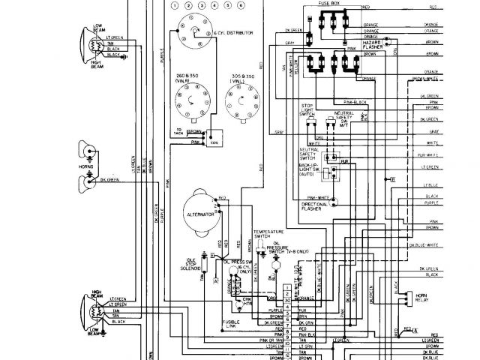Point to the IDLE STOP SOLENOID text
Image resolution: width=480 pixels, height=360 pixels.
[196, 264]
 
